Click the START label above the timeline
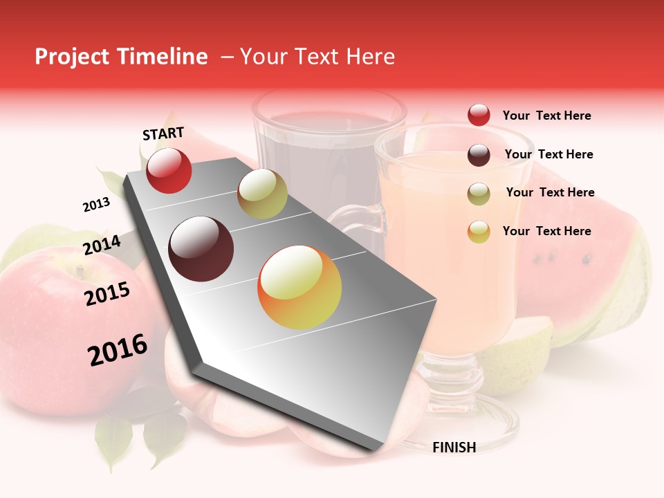pos(163,133)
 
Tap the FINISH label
pos(454,448)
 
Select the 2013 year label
pos(96,204)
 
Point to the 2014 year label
pos(102,246)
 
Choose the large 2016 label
pos(118,350)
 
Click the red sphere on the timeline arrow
pos(169,170)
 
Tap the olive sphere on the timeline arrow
pos(262,194)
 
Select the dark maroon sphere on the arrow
pos(201,249)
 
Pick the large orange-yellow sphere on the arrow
pos(299,287)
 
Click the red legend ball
pos(479,115)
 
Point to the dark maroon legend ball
pos(479,154)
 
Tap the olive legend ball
pos(479,193)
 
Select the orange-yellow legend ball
pos(479,232)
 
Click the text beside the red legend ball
pos(546,116)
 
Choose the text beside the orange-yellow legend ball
pos(546,231)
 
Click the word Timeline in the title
pos(160,57)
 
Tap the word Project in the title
pos(71,57)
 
